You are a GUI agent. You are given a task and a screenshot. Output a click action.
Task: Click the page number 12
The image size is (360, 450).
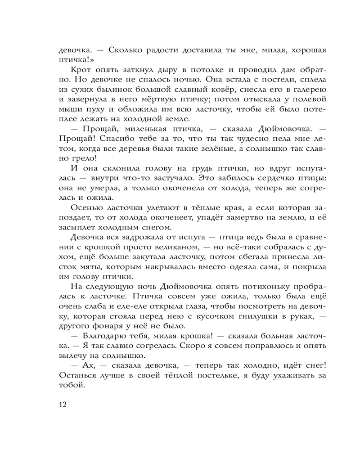[63, 404]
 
